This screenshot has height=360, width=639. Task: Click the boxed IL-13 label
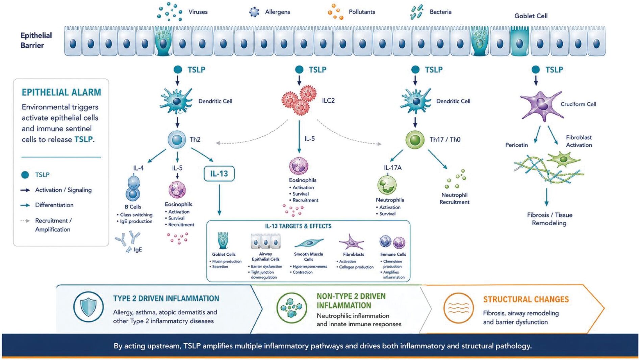coord(219,174)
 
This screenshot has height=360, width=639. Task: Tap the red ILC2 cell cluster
coord(299,100)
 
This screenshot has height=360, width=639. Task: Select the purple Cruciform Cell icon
coord(541,106)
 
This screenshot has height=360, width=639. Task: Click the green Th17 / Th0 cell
coord(415,140)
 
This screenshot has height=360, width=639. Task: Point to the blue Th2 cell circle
coord(177,139)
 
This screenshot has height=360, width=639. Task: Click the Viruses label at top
coord(198,12)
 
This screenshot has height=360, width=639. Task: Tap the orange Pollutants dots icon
coord(336,12)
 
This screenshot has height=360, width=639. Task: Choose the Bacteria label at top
coord(440,12)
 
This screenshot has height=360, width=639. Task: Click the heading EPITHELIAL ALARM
coord(61,92)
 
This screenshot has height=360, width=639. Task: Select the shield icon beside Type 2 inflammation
coord(88,307)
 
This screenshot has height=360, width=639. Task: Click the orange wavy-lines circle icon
coord(459,308)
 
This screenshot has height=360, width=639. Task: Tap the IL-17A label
coord(393,168)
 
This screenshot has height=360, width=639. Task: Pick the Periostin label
coord(516,145)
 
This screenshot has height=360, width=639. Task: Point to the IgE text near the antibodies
coord(138,250)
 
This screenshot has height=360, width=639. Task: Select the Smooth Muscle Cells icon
coord(309,243)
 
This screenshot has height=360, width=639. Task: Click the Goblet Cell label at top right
coord(531,16)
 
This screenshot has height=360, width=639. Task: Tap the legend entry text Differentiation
coord(54,205)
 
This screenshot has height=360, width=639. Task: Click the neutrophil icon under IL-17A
coord(387,185)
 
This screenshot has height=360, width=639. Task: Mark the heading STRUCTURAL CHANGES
coord(526,300)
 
